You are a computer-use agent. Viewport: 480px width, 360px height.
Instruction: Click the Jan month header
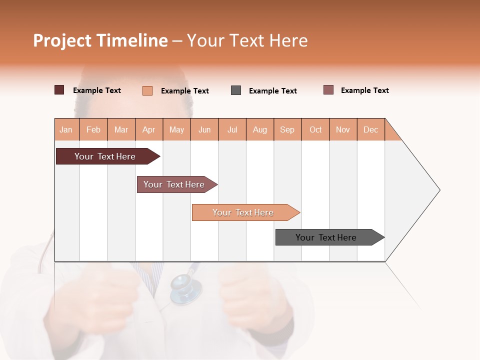pos(66,129)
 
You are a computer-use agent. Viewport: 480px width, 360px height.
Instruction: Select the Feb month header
pos(93,129)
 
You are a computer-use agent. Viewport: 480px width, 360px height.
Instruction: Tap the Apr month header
pos(149,129)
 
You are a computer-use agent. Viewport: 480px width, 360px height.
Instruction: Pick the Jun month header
pos(204,129)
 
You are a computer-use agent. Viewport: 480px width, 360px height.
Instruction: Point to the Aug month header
pos(260,129)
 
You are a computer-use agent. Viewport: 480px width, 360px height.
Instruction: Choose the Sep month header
pos(287,129)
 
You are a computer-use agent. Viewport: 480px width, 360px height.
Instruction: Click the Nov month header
pos(343,129)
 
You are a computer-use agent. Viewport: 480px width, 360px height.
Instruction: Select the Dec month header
pos(371,129)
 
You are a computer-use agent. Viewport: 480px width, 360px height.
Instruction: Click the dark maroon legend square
pos(59,90)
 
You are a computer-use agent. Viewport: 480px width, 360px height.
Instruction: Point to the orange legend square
pos(147,90)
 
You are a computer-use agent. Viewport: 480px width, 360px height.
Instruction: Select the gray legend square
pos(236,90)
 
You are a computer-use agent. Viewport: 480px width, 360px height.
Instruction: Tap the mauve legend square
pos(328,90)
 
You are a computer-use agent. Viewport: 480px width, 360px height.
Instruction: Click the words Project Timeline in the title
pos(100,40)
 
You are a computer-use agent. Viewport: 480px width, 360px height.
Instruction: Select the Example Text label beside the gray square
pos(273,91)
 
